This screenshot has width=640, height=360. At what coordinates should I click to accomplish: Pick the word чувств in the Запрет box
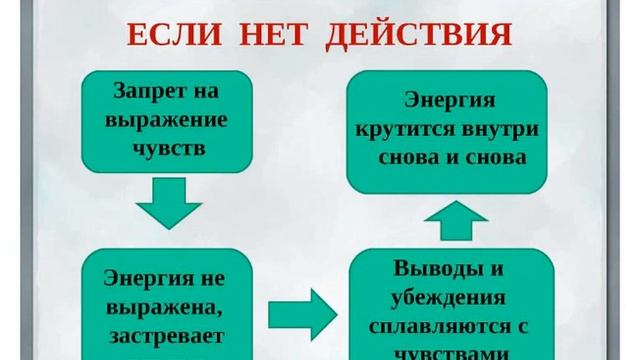coord(166,149)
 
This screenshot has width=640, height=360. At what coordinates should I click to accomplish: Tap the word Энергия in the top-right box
coord(447,100)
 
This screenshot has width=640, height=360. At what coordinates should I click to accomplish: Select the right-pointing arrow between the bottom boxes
coord(302,313)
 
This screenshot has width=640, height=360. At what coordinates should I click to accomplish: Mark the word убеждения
coord(450,298)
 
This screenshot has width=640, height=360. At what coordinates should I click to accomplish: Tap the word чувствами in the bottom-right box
coord(451,352)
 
